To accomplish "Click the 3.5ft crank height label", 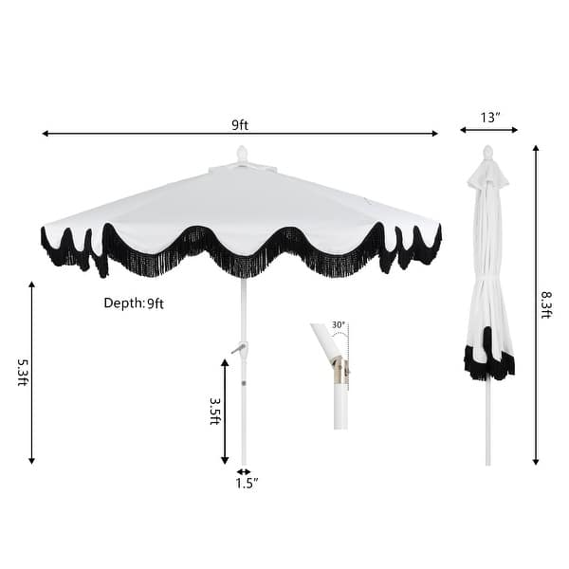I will (x=214, y=410).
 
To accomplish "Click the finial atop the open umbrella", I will (x=242, y=154).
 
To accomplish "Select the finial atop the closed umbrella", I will (x=488, y=152).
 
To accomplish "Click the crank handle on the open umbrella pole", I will (x=237, y=349).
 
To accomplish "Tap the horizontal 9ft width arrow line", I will (x=142, y=134).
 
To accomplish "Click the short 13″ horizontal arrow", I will (x=489, y=130).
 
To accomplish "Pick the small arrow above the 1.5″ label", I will (x=244, y=471).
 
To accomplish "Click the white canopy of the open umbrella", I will (x=237, y=204).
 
